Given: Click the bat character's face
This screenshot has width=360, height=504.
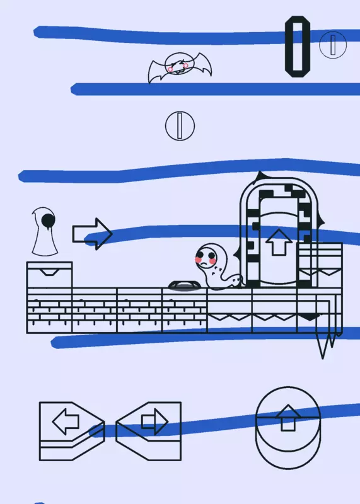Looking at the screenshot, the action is tap(179, 64).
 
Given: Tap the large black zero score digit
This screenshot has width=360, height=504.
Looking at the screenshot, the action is tap(298, 47).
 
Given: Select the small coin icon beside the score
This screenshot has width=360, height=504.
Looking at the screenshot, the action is tap(333, 45).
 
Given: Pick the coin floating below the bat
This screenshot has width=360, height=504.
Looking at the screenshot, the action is tap(180, 125).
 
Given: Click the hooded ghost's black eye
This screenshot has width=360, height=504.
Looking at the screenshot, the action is tap(49, 220).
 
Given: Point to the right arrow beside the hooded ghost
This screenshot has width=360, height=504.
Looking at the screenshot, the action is tap(92, 234).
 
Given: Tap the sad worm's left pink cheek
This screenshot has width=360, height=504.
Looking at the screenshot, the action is tap(199, 260).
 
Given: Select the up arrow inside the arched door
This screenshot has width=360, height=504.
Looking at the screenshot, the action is tap(279, 242).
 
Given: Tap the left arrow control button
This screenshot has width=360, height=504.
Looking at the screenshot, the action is tap(72, 431).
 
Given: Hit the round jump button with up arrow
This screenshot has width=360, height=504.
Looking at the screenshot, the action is tap(288, 428).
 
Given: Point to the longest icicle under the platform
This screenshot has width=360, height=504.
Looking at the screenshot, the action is tap(323, 344).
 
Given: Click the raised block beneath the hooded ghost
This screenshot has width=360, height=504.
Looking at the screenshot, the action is tap(50, 275).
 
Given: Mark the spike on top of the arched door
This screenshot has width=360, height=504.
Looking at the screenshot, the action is tap(259, 176).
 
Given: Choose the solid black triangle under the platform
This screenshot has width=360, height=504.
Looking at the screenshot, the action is tap(309, 317).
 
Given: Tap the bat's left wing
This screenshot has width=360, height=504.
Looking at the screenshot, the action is tap(158, 71).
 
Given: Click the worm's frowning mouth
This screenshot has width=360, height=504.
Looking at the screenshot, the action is tap(204, 263).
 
